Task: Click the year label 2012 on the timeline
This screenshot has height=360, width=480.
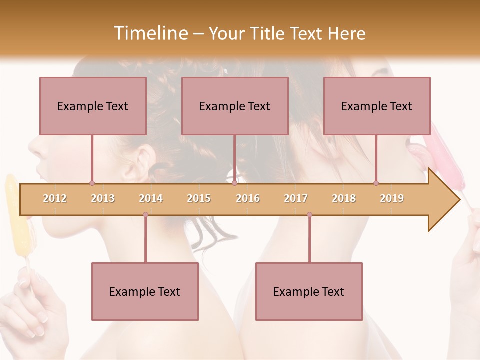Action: pos(55,198)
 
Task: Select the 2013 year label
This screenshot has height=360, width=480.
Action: pos(103,198)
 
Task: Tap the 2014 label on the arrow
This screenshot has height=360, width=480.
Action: pos(151,198)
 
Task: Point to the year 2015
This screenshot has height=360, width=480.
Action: pos(199,198)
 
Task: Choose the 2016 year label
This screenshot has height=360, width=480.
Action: pos(248,198)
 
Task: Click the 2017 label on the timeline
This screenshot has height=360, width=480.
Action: pos(296,198)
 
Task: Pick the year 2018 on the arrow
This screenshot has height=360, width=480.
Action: pos(344,198)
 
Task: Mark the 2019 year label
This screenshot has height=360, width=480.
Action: pos(392,198)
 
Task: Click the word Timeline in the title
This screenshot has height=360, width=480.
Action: pos(149,33)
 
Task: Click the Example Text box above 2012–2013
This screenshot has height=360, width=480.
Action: pos(93,106)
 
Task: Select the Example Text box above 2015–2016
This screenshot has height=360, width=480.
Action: pos(235,106)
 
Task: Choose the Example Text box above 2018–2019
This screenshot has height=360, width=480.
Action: pos(377,106)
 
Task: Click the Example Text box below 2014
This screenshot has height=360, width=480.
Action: pos(145,291)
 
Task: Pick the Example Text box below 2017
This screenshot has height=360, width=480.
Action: pos(309,291)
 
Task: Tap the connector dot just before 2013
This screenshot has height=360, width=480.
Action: pos(92,183)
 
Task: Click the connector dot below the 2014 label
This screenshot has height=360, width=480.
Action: pos(145,214)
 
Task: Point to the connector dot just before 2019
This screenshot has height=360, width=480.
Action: pos(376,183)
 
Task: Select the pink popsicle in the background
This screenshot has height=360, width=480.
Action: pos(446,155)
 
